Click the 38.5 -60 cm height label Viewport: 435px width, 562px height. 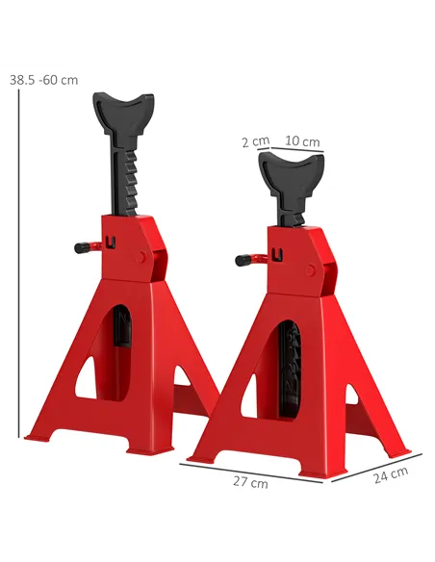coord(44,80)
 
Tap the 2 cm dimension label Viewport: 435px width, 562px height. coord(255,141)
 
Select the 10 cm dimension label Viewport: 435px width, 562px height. coord(303,141)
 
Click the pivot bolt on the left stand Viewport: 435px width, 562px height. coord(142,257)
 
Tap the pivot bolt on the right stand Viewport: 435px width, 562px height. coord(308,270)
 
